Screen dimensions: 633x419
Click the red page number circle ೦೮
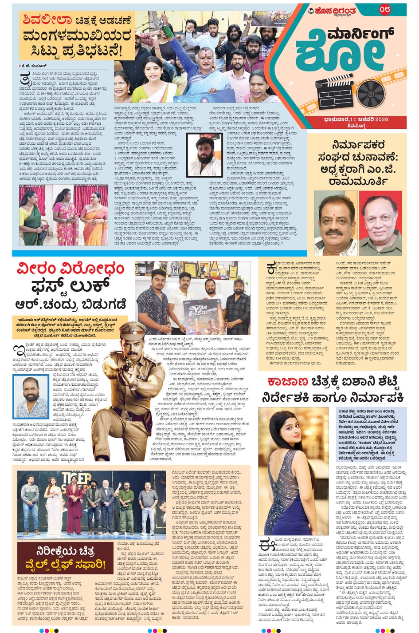pyautogui.click(x=384, y=9)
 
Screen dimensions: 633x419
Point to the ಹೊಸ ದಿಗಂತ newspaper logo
pyautogui.click(x=333, y=11)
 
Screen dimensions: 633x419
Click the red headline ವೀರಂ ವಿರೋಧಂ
pyautogui.click(x=71, y=269)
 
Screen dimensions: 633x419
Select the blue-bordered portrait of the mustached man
pyautogui.click(x=31, y=397)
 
